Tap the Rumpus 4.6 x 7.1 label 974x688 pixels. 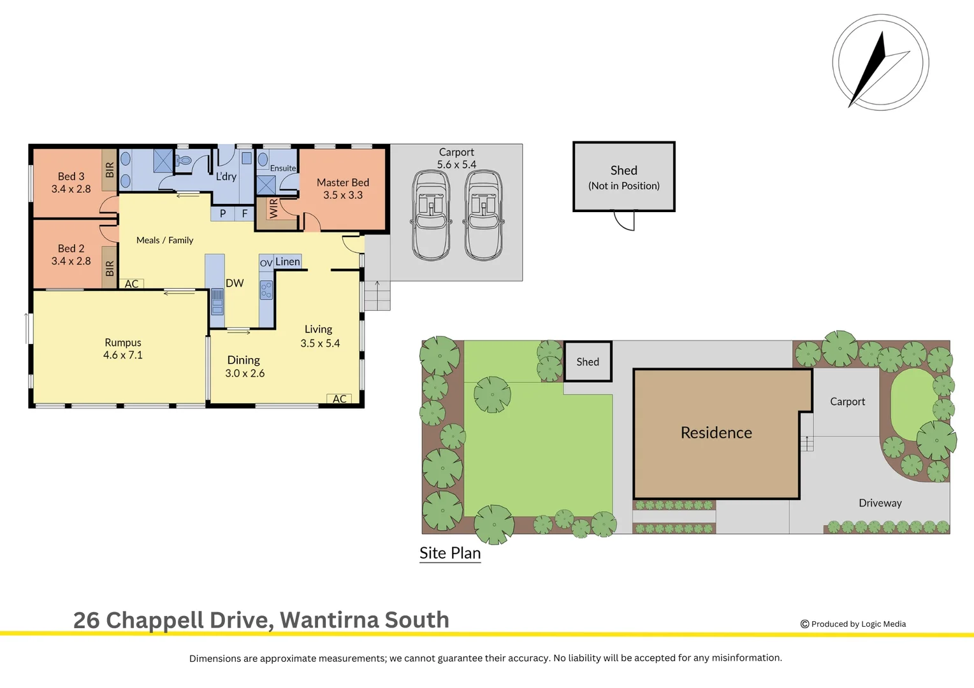pos(122,348)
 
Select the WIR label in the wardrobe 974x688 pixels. pos(273,208)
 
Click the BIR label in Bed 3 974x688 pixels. pos(110,169)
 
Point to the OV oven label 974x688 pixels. pos(266,263)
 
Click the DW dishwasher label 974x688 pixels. pos(235,283)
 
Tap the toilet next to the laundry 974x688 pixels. pos(184,161)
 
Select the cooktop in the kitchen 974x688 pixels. pos(266,290)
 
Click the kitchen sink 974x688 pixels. pos(217,301)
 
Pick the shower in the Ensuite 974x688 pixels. pos(266,185)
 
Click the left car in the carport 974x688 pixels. pos(431,215)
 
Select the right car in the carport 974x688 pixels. pos(484,215)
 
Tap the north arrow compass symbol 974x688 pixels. pos(880,62)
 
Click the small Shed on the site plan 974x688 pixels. pos(588,362)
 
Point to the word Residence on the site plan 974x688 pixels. pos(716,433)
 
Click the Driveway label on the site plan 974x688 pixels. pos(880,503)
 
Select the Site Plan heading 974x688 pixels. pos(450,553)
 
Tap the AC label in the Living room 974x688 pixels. pos(340,399)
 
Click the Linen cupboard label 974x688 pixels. pos(287,261)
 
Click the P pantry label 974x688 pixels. pos(222,213)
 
